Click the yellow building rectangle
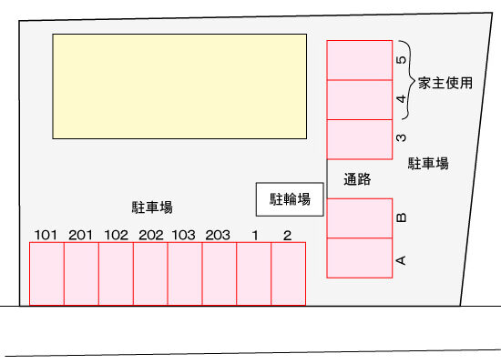tap(179, 86)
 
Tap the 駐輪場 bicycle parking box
tap(290, 199)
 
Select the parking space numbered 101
tap(46, 274)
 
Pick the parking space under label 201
tap(81, 274)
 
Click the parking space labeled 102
tap(116, 274)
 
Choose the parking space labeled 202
tap(150, 274)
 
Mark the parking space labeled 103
tap(185, 274)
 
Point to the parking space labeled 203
tap(220, 274)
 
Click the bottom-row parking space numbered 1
tap(254, 274)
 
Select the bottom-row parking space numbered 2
tap(289, 274)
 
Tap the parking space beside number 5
tap(360, 60)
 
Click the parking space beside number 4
tap(360, 99)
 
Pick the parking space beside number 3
tap(360, 139)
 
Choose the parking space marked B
tap(360, 218)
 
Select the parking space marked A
tap(360, 258)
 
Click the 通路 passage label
tap(357, 179)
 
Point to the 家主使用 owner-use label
tap(445, 83)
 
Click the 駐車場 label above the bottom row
tap(152, 207)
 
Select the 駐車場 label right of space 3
tap(428, 163)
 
